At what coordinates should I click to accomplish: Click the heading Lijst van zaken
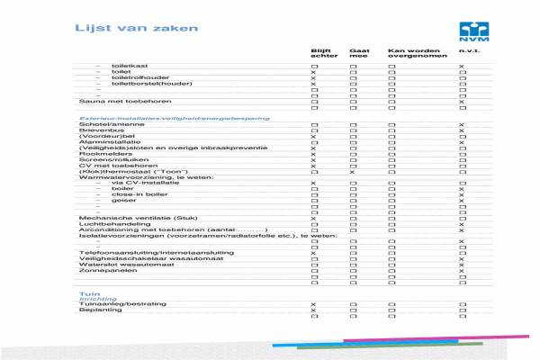pyautogui.click(x=136, y=28)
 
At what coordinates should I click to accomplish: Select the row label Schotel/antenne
pyautogui.click(x=105, y=124)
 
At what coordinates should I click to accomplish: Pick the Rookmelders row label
pyautogui.click(x=101, y=154)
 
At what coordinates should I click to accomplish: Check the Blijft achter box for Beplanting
pyautogui.click(x=313, y=311)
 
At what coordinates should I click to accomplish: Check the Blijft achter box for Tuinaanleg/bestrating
pyautogui.click(x=313, y=305)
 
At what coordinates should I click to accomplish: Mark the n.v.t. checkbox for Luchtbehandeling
pyautogui.click(x=462, y=224)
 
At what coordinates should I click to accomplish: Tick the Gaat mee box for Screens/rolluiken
pyautogui.click(x=354, y=160)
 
